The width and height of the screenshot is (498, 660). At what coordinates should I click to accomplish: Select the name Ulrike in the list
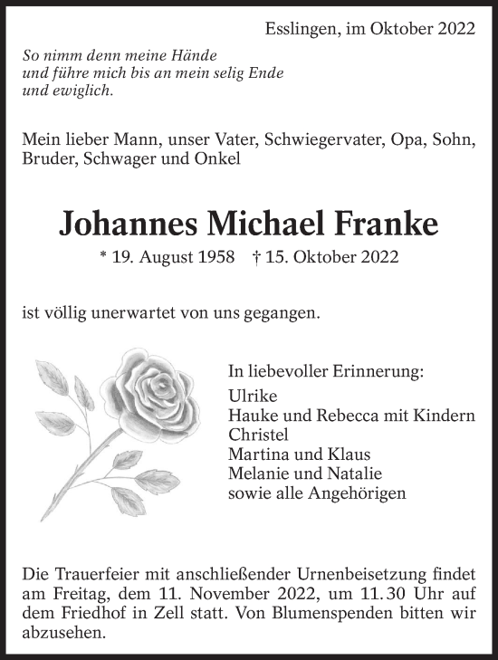(x=254, y=396)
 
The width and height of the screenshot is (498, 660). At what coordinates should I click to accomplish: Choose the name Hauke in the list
(x=254, y=416)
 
